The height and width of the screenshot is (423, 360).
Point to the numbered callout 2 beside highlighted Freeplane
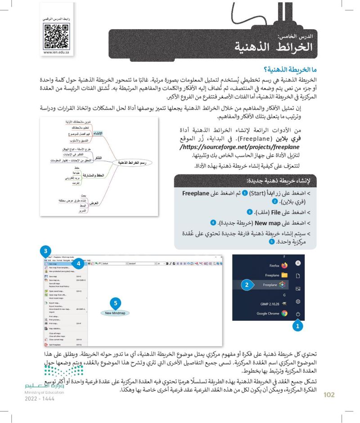coord(246,285)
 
